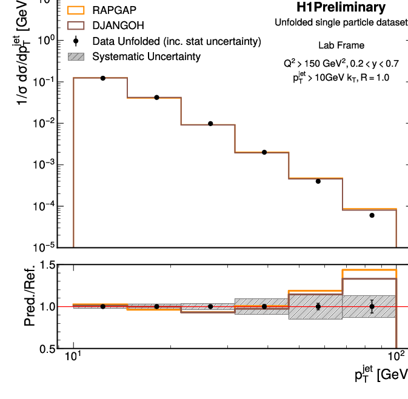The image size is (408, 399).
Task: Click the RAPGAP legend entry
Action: click(x=115, y=10)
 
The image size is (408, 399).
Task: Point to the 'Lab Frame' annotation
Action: click(x=341, y=45)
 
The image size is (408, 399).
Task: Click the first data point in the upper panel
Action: click(x=103, y=78)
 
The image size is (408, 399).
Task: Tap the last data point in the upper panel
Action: click(x=372, y=215)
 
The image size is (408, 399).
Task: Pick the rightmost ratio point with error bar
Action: click(x=372, y=306)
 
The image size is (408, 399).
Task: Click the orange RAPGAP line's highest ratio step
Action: click(x=369, y=270)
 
